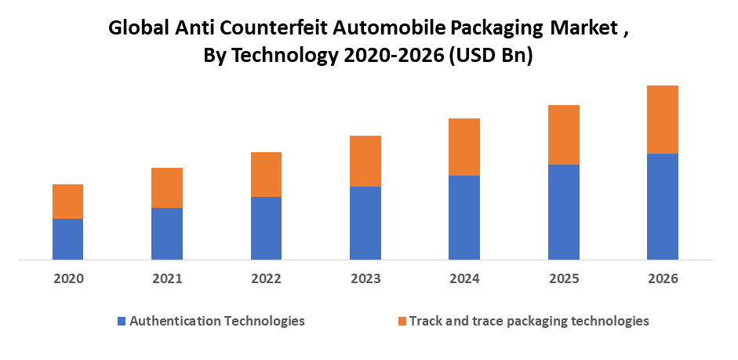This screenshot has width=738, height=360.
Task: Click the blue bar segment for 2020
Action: (67, 238)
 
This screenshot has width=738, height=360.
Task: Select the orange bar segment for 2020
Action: (67, 202)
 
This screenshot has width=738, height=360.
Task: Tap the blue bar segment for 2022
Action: (266, 227)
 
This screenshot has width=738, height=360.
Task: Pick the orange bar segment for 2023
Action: (365, 161)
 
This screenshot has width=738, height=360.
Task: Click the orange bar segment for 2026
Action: (662, 119)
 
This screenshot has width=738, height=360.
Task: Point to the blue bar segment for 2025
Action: (563, 211)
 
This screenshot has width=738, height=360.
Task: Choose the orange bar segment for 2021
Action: (167, 187)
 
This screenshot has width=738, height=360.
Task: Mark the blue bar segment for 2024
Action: (464, 216)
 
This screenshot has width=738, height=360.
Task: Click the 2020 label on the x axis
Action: (68, 278)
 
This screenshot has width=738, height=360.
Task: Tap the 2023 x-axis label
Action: (365, 278)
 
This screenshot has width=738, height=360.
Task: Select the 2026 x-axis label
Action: (663, 278)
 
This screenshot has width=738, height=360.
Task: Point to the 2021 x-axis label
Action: (167, 278)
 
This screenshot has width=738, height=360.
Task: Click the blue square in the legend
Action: (121, 321)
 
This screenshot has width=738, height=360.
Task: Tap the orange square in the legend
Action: (402, 321)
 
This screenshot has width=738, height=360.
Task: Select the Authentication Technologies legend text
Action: (217, 321)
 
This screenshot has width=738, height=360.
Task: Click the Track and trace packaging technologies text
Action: (529, 321)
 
